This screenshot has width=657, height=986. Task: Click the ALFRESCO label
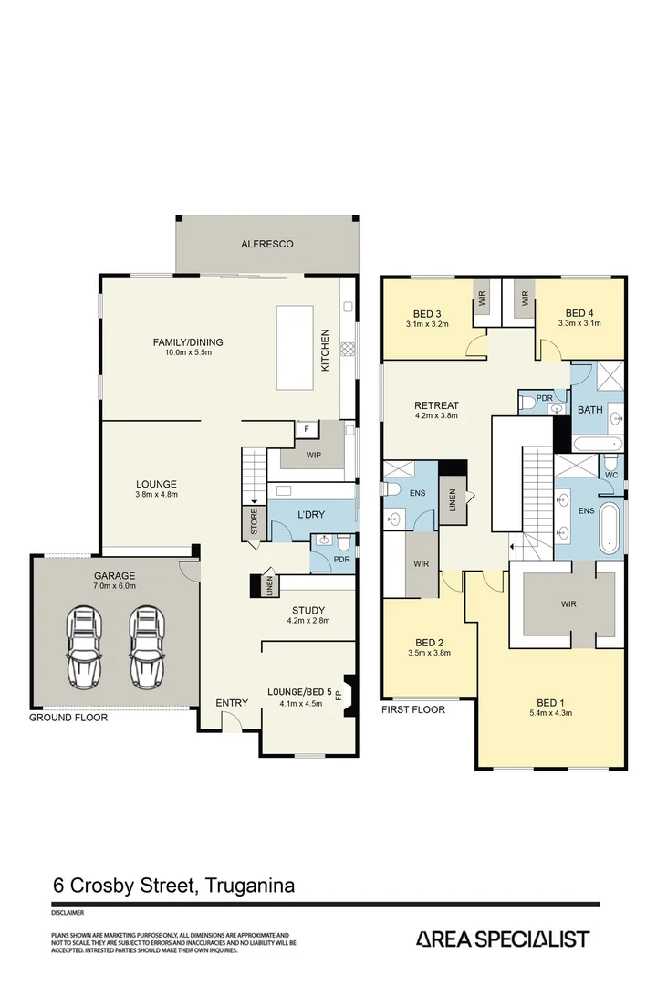[x=267, y=244]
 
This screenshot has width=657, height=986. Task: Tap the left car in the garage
[x=85, y=647]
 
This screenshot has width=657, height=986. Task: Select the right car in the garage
[x=148, y=647]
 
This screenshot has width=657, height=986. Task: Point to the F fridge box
[x=307, y=429]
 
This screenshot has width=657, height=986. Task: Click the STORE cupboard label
[x=254, y=522]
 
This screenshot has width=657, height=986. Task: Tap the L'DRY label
[x=311, y=514]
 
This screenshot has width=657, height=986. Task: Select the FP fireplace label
[x=339, y=696]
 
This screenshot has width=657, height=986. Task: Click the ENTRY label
[x=232, y=703]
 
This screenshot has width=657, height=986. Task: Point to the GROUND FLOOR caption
[x=68, y=718]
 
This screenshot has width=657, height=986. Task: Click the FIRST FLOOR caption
[x=413, y=709]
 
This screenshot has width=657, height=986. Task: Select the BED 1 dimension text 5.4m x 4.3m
[x=551, y=713]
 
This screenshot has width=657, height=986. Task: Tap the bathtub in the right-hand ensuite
[x=610, y=528]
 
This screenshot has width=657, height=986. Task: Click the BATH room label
[x=590, y=410]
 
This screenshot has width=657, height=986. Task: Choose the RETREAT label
[x=436, y=405]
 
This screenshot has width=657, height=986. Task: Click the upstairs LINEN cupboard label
[x=453, y=500]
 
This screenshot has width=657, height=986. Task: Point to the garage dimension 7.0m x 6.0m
[x=115, y=586]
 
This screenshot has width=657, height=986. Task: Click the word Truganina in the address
[x=250, y=886]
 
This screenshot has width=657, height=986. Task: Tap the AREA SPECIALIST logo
[x=503, y=939]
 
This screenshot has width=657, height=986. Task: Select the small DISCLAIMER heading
[x=68, y=912]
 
